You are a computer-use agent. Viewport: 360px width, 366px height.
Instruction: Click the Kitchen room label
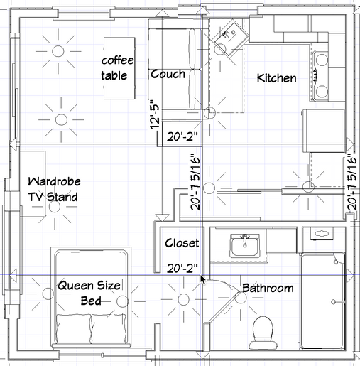276,78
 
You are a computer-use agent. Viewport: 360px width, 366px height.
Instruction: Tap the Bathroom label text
268,288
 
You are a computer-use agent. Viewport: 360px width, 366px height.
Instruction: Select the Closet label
182,243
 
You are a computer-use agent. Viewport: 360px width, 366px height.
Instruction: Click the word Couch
168,74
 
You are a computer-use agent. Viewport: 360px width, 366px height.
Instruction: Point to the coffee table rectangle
119,68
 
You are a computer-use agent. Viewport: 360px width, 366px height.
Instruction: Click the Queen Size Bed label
89,293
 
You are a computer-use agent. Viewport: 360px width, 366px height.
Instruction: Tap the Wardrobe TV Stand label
54,189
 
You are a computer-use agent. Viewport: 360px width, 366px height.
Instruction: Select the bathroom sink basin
245,245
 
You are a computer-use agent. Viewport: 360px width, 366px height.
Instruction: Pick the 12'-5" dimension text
156,114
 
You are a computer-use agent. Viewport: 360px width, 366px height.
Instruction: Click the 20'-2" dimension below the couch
182,136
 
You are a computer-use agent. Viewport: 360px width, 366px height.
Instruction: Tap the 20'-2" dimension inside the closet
182,269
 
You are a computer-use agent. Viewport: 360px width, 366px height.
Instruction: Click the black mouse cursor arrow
202,279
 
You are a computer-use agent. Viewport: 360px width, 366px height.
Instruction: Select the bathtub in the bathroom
322,301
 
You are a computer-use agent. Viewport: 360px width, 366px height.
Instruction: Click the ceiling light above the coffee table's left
58,51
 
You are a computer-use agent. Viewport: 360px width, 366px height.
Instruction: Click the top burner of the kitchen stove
322,60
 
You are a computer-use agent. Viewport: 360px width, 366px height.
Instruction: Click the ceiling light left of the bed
48,294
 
